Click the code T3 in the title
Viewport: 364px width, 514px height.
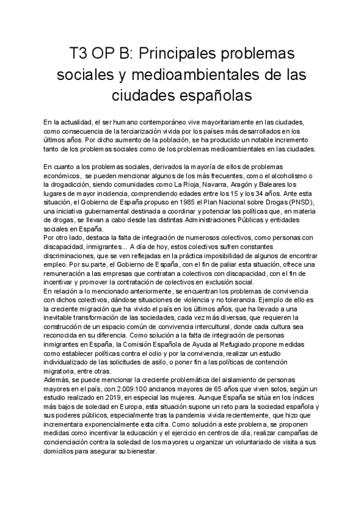click(80, 54)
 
